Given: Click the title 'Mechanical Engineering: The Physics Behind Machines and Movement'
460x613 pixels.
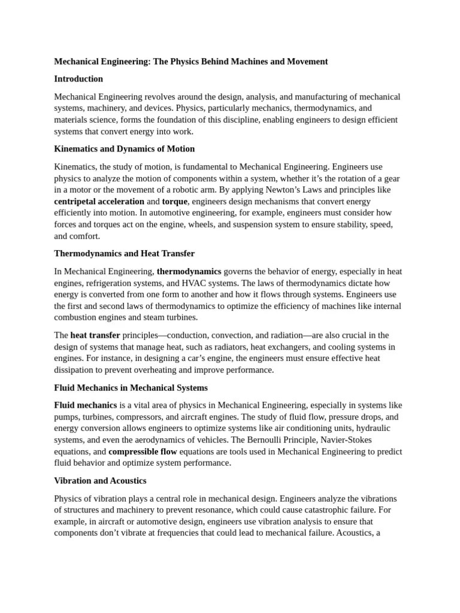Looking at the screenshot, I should click(190, 62).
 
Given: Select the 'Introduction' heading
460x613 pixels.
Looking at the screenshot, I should click(78, 79).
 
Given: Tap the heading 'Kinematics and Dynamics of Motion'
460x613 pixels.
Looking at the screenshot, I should click(124, 149).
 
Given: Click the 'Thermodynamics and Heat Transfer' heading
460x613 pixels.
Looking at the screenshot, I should click(124, 254).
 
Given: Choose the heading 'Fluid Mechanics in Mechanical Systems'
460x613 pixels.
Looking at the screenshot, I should click(131, 388).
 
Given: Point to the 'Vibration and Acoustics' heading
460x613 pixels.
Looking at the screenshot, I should click(100, 481).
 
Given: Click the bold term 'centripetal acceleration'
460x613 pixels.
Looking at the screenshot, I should click(99, 202).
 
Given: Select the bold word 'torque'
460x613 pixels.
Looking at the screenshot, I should click(174, 202).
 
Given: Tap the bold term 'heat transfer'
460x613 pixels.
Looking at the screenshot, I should click(95, 335).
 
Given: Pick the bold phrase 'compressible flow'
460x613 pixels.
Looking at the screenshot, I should click(143, 452).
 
